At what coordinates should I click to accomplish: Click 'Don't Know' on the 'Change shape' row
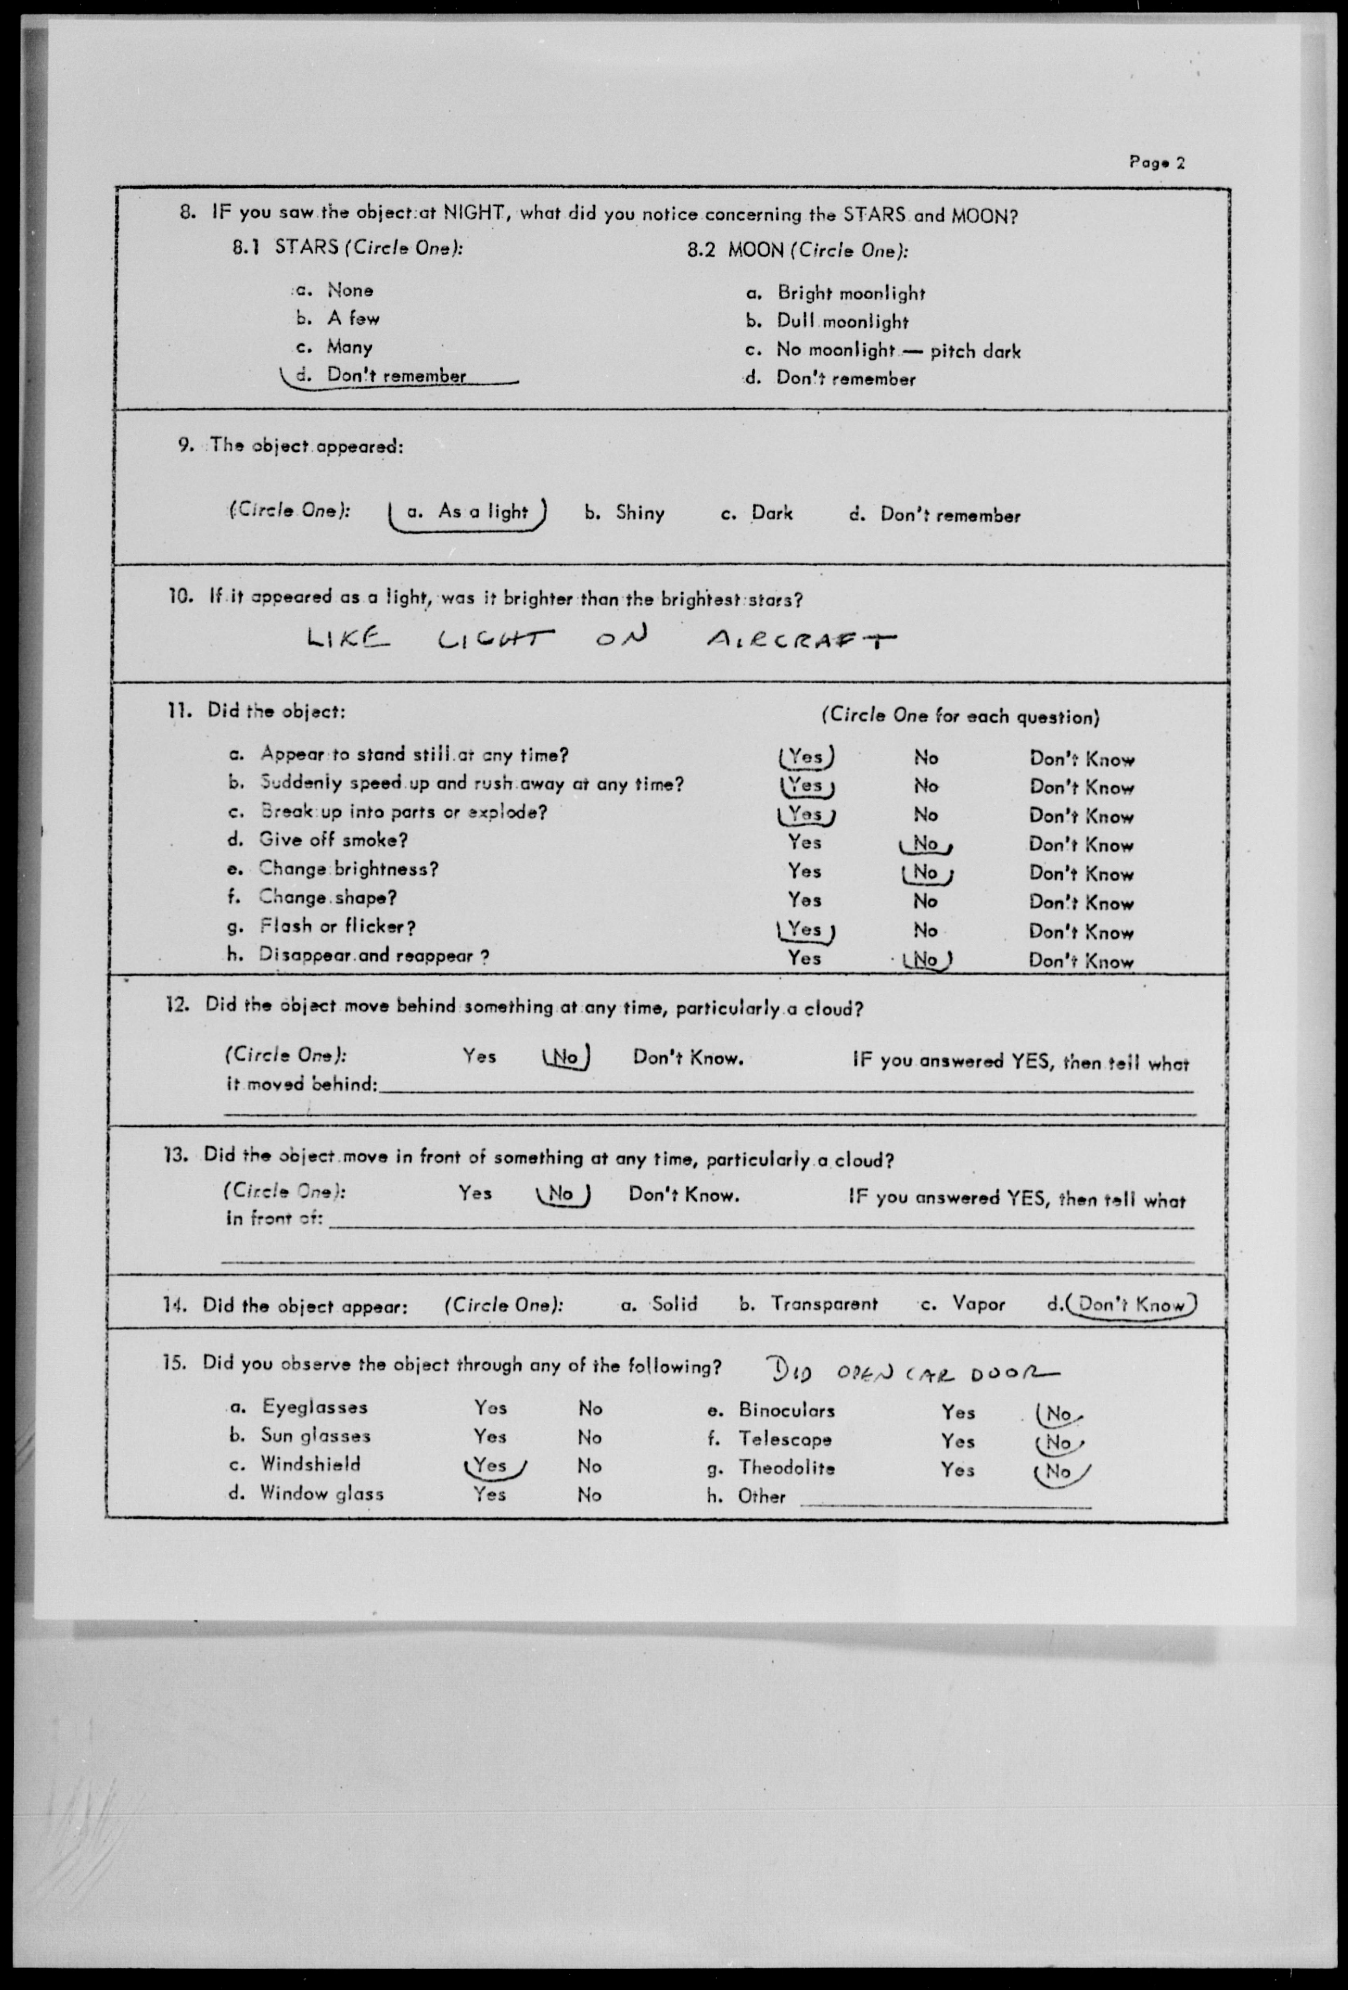click(x=1081, y=903)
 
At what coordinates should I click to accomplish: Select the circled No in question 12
click(x=565, y=1057)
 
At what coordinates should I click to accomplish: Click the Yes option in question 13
click(x=475, y=1193)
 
